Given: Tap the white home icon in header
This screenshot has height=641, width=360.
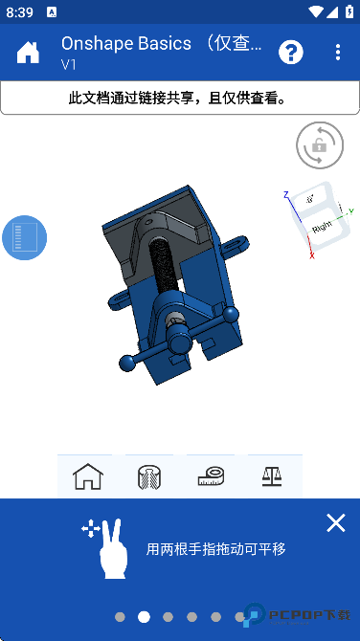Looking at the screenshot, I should tap(28, 53).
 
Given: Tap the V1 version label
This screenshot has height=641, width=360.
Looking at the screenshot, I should tap(69, 65).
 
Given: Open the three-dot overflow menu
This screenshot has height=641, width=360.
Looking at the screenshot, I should tap(338, 53).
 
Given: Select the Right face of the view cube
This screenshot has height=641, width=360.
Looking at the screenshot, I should tap(322, 229).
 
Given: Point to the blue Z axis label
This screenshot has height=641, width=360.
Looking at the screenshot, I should tap(285, 194).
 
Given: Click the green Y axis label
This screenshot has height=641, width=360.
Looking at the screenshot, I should tap(351, 210).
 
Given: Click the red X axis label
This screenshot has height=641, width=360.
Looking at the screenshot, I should tap(311, 255).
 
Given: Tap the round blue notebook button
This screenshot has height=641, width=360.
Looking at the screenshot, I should tap(24, 237).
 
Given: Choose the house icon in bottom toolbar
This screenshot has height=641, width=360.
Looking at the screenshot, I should tap(87, 475).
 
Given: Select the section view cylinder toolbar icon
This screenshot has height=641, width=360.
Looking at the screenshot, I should tap(149, 475).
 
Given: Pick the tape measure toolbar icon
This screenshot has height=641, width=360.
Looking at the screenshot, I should tap(211, 475).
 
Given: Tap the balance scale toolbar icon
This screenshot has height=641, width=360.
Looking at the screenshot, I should tap(272, 475).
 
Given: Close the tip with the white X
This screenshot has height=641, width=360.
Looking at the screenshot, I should tap(335, 522).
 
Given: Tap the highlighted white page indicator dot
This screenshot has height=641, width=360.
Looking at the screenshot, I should tap(144, 617).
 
